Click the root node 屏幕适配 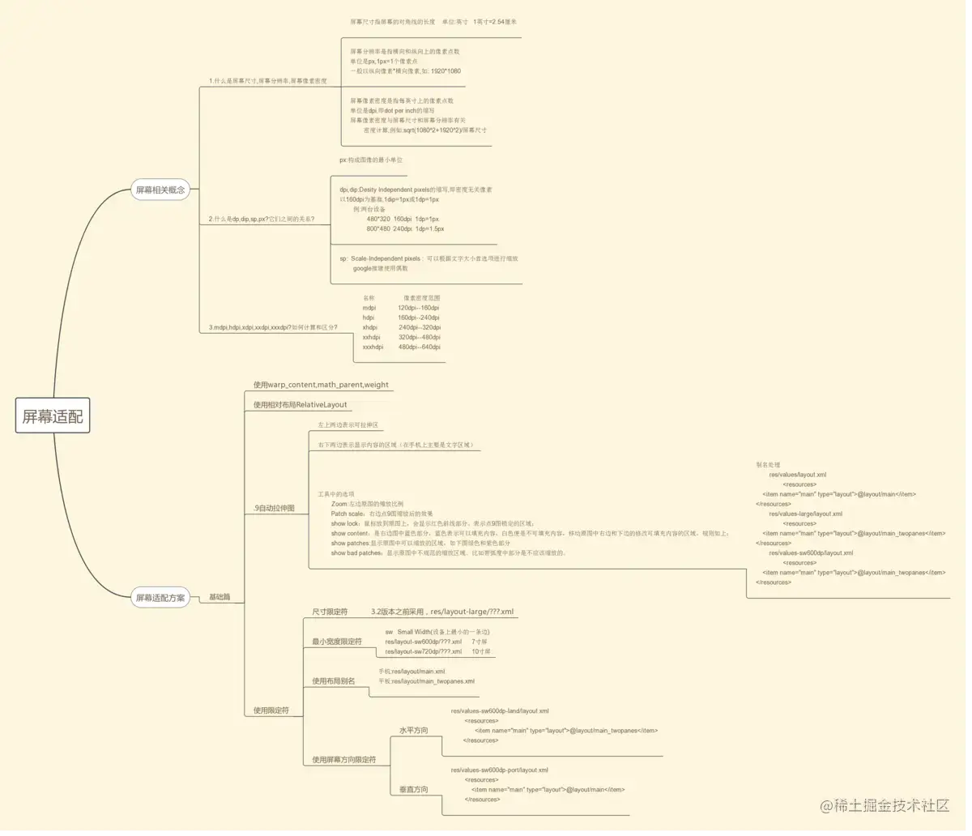pyautogui.click(x=53, y=416)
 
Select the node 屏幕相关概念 pyautogui.click(x=160, y=190)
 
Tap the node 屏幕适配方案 pyautogui.click(x=160, y=598)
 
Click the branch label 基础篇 pyautogui.click(x=220, y=597)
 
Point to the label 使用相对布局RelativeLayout pyautogui.click(x=300, y=404)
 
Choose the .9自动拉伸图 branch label pyautogui.click(x=274, y=508)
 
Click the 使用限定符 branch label pyautogui.click(x=271, y=710)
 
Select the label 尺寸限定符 pyautogui.click(x=330, y=612)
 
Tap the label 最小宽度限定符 pyautogui.click(x=337, y=642)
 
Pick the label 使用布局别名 pyautogui.click(x=334, y=681)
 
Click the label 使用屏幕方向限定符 pyautogui.click(x=344, y=760)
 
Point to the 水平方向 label pyautogui.click(x=413, y=731)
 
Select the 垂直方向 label pyautogui.click(x=413, y=789)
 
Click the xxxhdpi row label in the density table pyautogui.click(x=373, y=347)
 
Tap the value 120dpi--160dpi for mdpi pyautogui.click(x=419, y=308)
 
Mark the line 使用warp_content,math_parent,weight pyautogui.click(x=321, y=385)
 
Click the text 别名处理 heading pyautogui.click(x=768, y=465)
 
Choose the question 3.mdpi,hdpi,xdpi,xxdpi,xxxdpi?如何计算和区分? pyautogui.click(x=273, y=327)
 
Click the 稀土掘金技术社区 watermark pyautogui.click(x=885, y=805)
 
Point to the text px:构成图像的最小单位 pyautogui.click(x=371, y=160)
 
